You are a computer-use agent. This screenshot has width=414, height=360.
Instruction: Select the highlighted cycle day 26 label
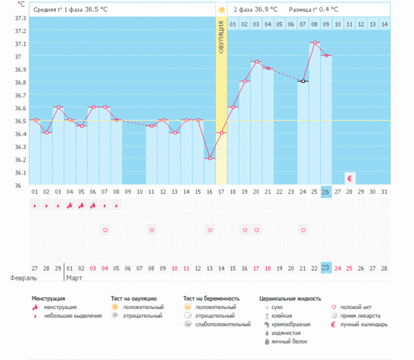point(326,192)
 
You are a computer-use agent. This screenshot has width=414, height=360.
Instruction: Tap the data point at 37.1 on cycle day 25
point(315,43)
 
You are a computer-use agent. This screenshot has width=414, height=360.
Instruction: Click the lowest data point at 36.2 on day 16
point(210,159)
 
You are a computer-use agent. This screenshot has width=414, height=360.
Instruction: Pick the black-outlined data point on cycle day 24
point(303,81)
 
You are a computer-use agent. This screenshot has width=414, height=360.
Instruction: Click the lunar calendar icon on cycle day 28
point(350,178)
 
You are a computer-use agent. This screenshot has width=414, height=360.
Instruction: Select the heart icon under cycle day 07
point(104,230)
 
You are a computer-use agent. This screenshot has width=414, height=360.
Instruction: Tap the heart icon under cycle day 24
point(303,230)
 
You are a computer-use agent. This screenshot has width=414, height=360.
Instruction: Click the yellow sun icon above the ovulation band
point(221,10)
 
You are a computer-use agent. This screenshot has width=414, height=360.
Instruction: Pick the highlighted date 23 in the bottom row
point(326,268)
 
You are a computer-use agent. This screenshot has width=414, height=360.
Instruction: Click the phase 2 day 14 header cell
point(384,24)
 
